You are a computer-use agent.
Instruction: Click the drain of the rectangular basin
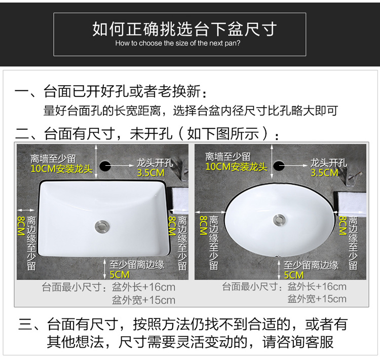(102, 227)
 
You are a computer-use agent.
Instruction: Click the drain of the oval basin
(279, 220)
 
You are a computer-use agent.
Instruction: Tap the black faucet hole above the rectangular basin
(105, 166)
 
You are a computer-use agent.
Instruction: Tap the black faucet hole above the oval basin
(279, 166)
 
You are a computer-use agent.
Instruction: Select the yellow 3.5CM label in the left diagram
(150, 173)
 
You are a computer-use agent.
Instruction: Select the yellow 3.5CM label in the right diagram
(324, 173)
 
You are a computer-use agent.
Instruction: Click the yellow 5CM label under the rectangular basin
(120, 275)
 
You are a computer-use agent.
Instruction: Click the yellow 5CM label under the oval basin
(294, 275)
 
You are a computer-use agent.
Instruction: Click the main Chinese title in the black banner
(184, 29)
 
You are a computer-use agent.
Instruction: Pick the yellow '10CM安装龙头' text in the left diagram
(61, 169)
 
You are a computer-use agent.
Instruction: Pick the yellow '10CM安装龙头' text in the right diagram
(236, 167)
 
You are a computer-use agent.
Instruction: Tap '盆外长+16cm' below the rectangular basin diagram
(143, 287)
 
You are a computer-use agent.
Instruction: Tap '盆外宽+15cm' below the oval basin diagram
(317, 299)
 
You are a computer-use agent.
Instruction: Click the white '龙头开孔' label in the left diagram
(155, 163)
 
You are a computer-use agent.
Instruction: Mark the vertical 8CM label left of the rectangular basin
(21, 226)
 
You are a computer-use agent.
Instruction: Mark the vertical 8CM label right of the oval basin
(343, 226)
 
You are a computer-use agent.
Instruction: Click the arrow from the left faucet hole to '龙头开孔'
(120, 166)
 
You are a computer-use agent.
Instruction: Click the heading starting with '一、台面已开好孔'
(111, 91)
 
